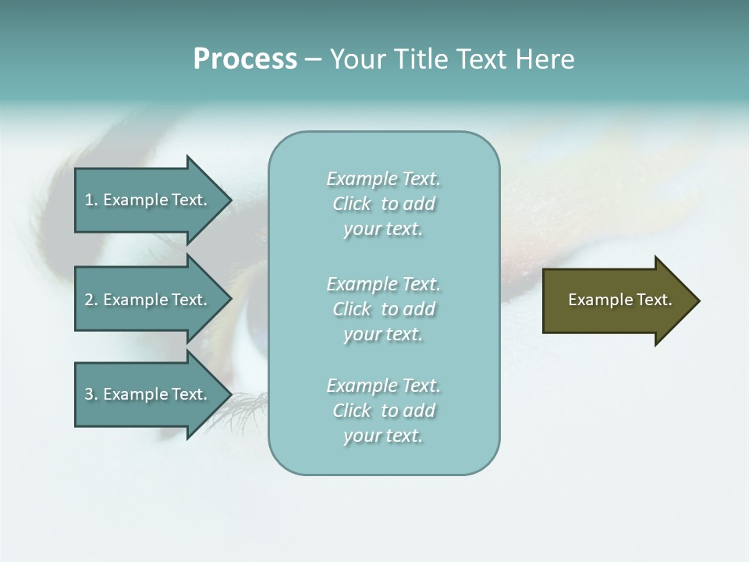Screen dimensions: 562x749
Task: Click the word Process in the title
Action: coord(245,59)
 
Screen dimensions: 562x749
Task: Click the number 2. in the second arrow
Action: coord(91,300)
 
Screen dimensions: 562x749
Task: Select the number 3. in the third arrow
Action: coord(91,394)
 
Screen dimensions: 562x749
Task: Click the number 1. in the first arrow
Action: coord(91,200)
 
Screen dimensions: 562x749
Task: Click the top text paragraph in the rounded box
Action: coord(383,204)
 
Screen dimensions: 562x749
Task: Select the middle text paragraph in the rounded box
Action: coord(383,309)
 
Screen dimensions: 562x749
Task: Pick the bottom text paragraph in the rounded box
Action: coord(383,411)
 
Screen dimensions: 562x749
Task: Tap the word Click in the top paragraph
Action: coord(352,204)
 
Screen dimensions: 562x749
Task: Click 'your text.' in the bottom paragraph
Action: coord(383,436)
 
